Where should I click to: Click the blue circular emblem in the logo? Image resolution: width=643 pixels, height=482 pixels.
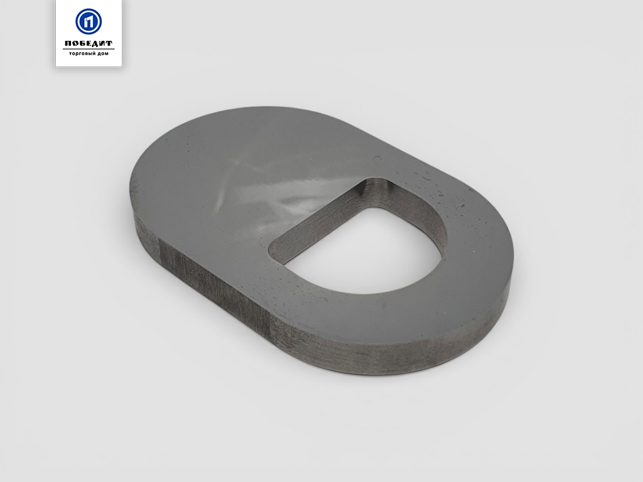click(89, 21)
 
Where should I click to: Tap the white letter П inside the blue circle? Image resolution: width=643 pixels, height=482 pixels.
click(89, 22)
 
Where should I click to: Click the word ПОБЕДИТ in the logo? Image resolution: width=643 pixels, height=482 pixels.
click(89, 43)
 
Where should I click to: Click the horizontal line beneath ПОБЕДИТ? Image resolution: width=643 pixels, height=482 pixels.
click(89, 49)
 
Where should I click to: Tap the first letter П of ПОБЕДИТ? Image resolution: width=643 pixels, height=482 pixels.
click(68, 44)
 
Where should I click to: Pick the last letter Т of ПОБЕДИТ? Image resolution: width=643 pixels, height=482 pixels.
click(109, 44)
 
